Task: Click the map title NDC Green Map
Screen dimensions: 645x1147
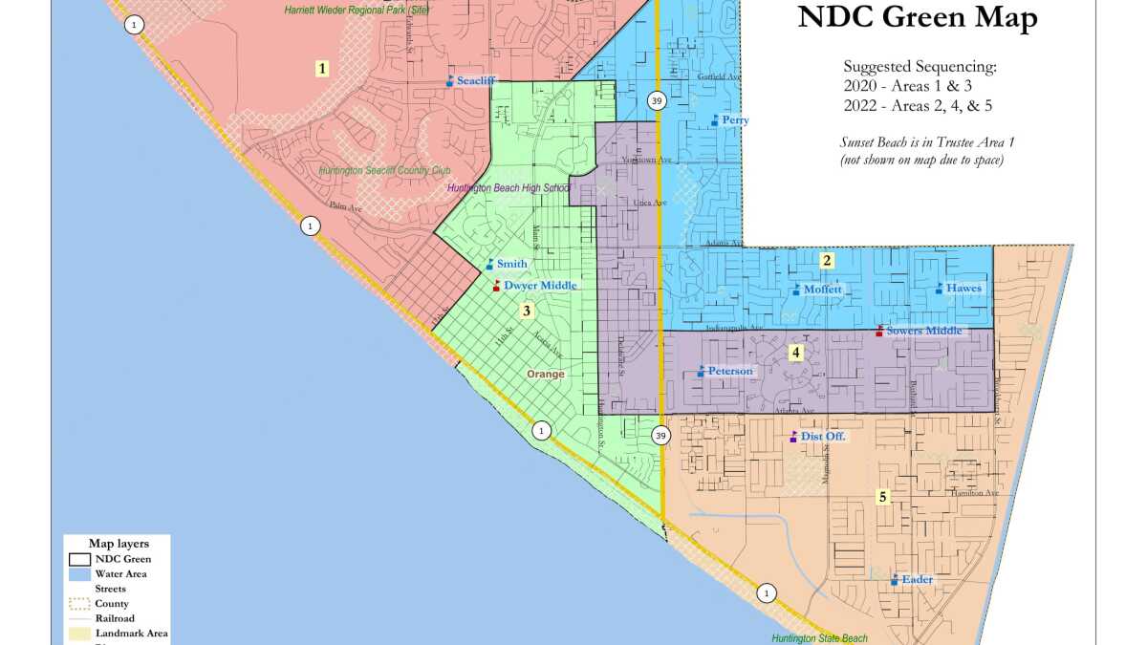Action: tap(917, 18)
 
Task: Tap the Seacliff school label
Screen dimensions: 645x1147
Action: tap(475, 81)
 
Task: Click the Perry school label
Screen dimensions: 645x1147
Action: tap(735, 120)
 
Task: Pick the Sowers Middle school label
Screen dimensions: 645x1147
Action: tap(924, 331)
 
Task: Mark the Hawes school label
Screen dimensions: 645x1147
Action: tap(963, 288)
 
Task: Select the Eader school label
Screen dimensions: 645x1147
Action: tap(917, 579)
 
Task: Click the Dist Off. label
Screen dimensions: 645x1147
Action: tap(823, 437)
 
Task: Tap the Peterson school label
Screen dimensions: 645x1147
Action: tap(730, 371)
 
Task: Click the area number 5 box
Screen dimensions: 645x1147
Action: tap(883, 496)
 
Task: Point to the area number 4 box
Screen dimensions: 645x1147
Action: tap(795, 352)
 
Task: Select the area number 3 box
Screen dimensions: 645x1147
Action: tap(526, 310)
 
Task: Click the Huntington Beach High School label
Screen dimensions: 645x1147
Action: tap(509, 188)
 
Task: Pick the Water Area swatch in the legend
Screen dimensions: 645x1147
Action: tap(80, 574)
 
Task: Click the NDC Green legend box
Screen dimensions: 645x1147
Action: tap(80, 559)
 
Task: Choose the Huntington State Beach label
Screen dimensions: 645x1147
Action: tap(819, 638)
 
